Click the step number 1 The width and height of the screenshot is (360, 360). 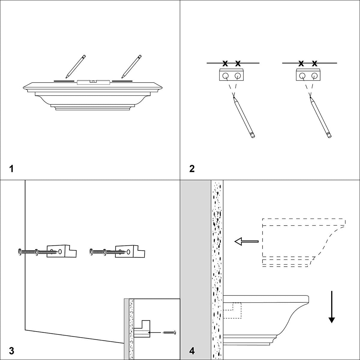11,169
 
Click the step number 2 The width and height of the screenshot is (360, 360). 192,169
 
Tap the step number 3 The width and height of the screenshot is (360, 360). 11,350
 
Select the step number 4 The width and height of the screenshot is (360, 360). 192,350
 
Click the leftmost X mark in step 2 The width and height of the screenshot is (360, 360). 225,63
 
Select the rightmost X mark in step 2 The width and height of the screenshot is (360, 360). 314,63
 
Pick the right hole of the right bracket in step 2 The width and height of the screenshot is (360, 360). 314,75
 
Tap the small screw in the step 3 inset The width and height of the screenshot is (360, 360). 169,332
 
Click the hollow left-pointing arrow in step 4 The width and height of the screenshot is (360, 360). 246,241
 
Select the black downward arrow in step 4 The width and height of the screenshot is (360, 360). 331,307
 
